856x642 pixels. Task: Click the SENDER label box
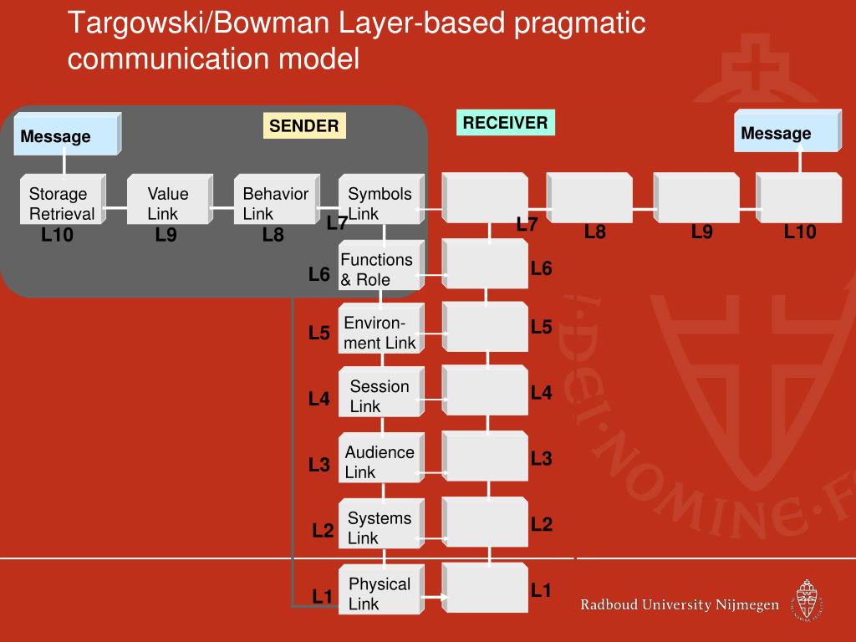(304, 126)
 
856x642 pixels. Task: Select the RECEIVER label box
(505, 123)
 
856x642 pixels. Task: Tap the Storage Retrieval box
(64, 200)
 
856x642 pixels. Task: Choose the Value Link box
(170, 200)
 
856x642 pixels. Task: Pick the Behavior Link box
(276, 200)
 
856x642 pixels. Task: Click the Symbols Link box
(380, 200)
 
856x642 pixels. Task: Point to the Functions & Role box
(380, 267)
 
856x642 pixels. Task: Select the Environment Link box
(380, 331)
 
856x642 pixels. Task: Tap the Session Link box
(380, 394)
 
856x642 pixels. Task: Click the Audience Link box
(380, 460)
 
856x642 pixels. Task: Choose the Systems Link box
(380, 526)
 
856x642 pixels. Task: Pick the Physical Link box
(380, 592)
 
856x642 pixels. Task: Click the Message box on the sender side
(66, 135)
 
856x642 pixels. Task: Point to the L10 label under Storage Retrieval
(58, 236)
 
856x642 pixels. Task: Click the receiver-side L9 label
(702, 232)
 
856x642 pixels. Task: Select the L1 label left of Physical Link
(323, 596)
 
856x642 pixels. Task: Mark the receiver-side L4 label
(542, 392)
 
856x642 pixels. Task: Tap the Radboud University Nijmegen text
(680, 604)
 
